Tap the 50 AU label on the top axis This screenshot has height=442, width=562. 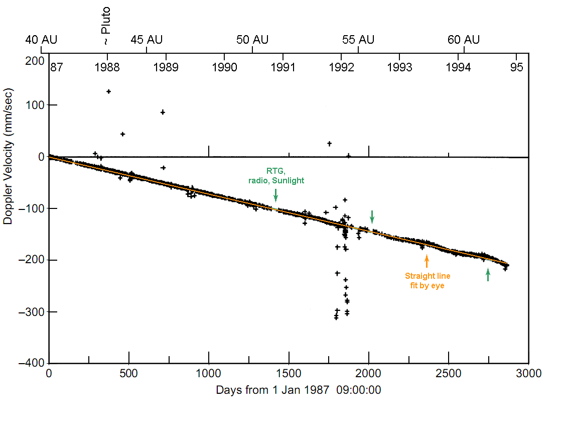tap(252, 40)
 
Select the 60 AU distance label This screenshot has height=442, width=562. tap(464, 40)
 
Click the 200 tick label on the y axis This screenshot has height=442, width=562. tap(34, 61)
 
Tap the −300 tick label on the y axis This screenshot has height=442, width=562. tap(32, 312)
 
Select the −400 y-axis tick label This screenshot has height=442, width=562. tap(32, 363)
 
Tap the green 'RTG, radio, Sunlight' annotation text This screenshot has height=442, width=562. tap(277, 175)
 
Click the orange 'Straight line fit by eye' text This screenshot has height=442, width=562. tap(428, 281)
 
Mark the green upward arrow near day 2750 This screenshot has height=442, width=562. tap(488, 275)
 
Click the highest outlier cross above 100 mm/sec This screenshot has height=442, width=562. tap(108, 91)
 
